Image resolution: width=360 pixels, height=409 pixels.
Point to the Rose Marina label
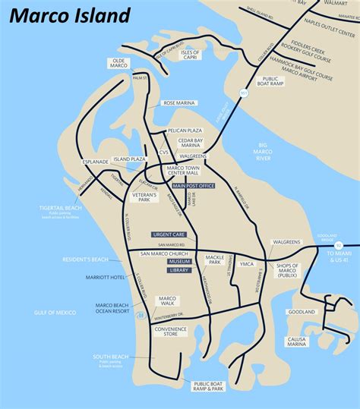coord(179,102)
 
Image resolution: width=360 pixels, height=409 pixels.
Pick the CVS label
coord(163,151)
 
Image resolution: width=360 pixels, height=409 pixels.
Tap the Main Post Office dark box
coord(194,185)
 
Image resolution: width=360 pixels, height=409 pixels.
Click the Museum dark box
coord(179,261)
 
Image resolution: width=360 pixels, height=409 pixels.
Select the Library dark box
coord(179,269)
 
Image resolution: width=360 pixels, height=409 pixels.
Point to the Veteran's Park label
coord(144,198)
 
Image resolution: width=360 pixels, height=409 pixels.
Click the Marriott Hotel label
coord(106,277)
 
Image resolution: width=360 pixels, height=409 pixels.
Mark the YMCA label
coord(245,264)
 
